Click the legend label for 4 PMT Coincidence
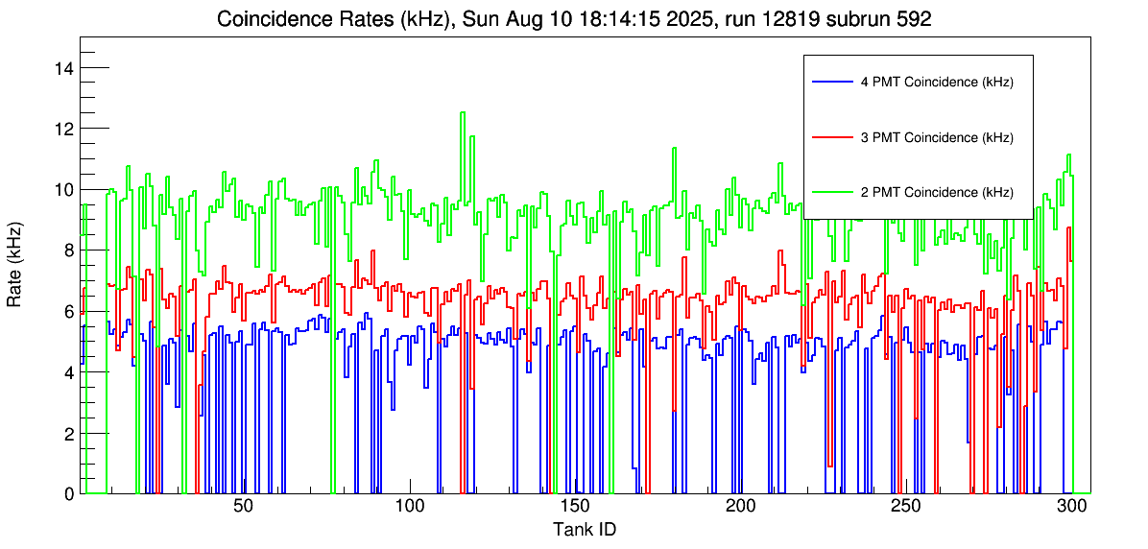(936, 83)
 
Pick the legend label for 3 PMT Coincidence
(936, 137)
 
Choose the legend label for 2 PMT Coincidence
(936, 192)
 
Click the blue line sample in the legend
(831, 83)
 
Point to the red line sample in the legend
(831, 137)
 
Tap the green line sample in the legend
(831, 192)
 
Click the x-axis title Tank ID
(584, 529)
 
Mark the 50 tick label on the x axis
(243, 506)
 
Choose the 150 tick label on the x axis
(574, 506)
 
